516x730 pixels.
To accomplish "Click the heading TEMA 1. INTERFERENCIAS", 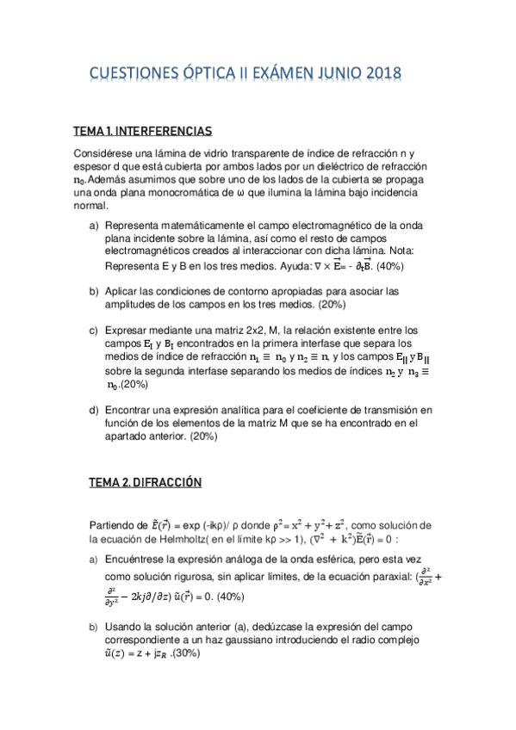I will [x=142, y=131].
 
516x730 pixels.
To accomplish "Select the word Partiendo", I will [x=112, y=525].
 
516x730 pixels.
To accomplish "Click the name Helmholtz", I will [x=183, y=540].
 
